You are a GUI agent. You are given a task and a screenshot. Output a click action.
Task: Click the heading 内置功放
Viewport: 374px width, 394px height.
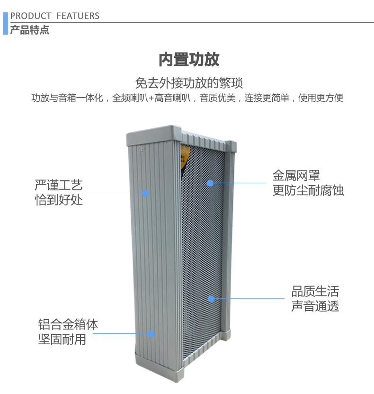189,60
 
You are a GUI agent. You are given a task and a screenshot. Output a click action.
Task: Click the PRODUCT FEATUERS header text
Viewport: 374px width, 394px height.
55,16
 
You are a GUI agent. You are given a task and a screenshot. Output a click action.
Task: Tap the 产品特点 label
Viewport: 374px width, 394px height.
29,31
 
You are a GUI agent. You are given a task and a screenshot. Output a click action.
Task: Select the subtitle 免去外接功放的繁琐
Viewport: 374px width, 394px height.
189,83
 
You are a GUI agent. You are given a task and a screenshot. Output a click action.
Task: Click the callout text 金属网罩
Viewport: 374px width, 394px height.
296,176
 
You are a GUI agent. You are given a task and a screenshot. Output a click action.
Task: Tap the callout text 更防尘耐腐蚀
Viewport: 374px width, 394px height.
308,191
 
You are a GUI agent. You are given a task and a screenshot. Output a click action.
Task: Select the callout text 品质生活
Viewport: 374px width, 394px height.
315,291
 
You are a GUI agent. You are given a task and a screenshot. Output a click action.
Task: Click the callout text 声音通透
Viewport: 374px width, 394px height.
315,306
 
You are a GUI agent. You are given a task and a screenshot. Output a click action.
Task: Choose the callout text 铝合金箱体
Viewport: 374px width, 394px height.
68,325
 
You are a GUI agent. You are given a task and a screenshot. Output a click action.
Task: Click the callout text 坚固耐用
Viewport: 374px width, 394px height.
62,340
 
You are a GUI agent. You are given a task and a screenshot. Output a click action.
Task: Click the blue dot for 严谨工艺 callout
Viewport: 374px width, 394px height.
145,193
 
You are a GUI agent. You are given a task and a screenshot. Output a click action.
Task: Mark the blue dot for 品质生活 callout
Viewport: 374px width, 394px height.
211,298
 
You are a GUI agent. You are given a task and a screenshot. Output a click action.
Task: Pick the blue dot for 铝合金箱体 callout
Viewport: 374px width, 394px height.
151,333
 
